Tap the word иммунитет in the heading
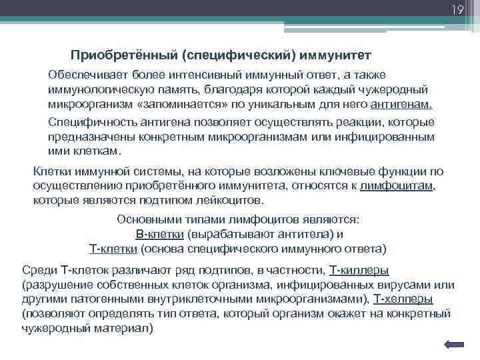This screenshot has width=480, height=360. click(342, 53)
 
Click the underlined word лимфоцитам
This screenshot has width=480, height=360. click(397, 186)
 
